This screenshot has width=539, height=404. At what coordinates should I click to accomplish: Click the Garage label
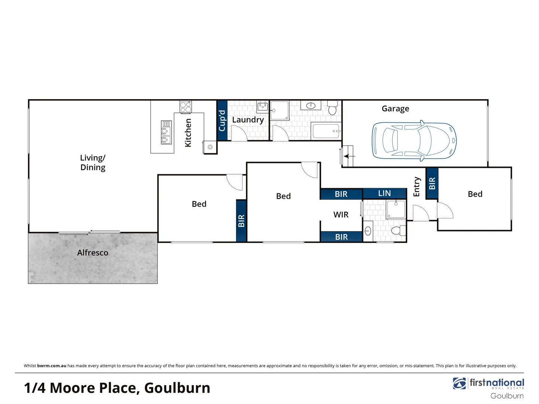pos(395,108)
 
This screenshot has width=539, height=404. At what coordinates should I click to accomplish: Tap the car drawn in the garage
pos(414,141)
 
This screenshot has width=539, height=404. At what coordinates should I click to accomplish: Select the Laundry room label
pos(248,120)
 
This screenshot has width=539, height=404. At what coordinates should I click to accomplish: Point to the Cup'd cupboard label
pos(222,120)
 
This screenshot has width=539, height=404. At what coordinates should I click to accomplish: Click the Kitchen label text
pos(188,133)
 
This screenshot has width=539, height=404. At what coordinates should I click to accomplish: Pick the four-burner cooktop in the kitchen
pos(185,107)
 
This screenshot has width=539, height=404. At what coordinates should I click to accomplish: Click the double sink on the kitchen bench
pos(166,133)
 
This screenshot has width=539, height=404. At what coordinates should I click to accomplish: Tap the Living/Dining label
pos(93,163)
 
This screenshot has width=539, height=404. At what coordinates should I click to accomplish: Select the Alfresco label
pos(92,253)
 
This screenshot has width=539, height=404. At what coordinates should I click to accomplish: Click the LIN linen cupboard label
pos(384,193)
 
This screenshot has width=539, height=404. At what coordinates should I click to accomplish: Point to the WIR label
pos(341,215)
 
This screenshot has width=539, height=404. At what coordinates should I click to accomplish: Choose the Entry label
pos(416,187)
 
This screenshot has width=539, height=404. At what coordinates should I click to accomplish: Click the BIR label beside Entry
pos(432,183)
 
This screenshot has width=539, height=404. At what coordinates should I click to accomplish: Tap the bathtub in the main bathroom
pos(326,131)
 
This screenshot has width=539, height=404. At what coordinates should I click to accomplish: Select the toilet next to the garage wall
pos(332,108)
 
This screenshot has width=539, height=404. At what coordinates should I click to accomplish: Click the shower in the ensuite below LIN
pos(396,209)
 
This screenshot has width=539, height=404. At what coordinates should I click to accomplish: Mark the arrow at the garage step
pos(349,156)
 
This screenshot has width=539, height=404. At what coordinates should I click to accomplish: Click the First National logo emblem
pos(459,383)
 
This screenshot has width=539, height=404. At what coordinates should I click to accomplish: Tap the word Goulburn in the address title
pos(177,388)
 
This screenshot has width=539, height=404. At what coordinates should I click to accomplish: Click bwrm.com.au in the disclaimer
pos(52,366)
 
